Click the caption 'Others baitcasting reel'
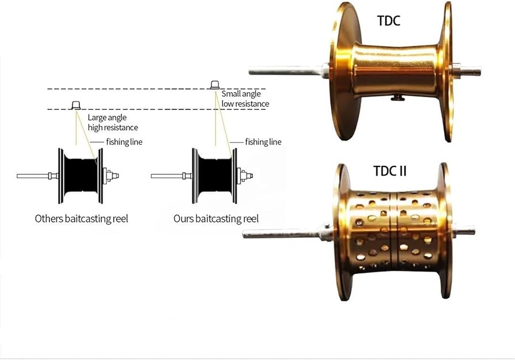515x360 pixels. (x=81, y=219)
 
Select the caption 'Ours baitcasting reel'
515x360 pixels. (x=216, y=219)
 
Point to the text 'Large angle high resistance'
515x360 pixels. (x=113, y=122)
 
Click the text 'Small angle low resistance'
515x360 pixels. (x=245, y=98)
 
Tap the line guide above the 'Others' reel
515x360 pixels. (x=75, y=105)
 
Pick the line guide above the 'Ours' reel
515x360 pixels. (x=215, y=85)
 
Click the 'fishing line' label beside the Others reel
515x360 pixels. (x=124, y=142)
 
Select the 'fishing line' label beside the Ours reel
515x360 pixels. (x=263, y=142)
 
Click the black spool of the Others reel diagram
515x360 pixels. (x=80, y=176)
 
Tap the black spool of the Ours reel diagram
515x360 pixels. (x=214, y=176)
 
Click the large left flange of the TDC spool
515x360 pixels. (x=341, y=72)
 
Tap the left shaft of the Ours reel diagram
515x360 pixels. (x=167, y=176)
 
